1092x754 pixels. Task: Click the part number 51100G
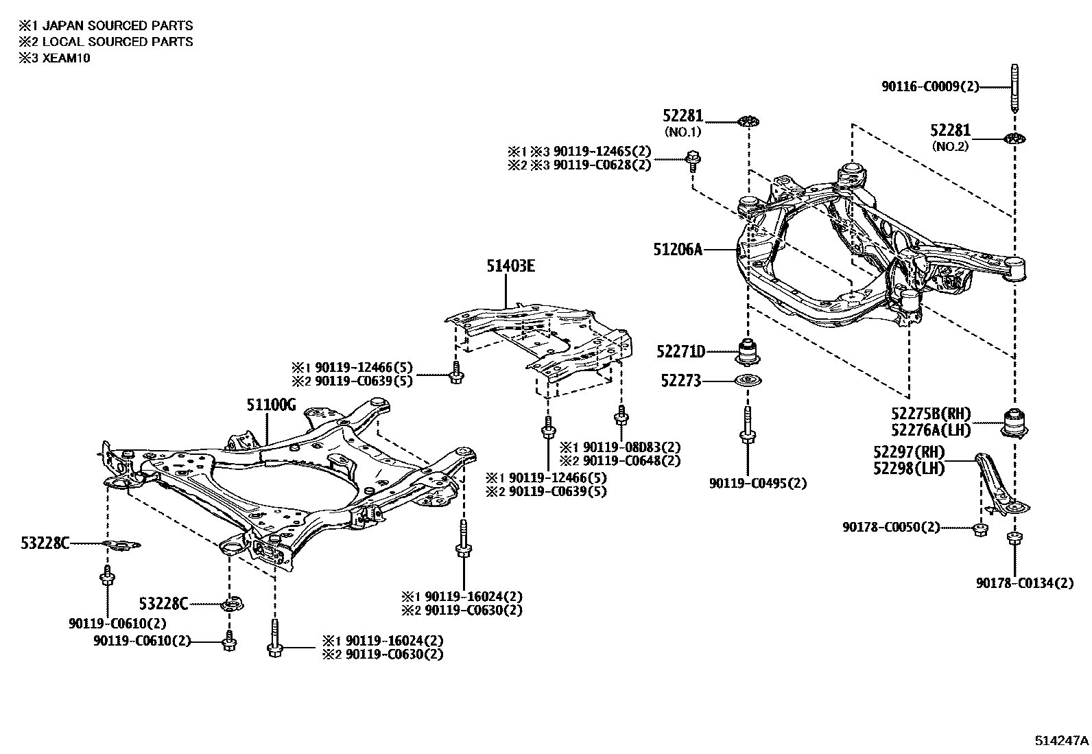coord(271,405)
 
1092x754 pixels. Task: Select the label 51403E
coord(511,266)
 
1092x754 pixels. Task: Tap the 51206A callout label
coord(678,250)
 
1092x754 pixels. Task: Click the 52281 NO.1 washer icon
coord(748,122)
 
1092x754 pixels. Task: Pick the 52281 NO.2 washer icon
coord(1013,139)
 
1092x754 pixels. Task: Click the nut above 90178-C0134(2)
coord(1013,537)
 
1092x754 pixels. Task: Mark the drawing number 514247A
coord(1061,741)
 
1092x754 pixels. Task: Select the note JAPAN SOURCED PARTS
coord(117,25)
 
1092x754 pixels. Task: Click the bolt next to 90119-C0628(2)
coord(693,160)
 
